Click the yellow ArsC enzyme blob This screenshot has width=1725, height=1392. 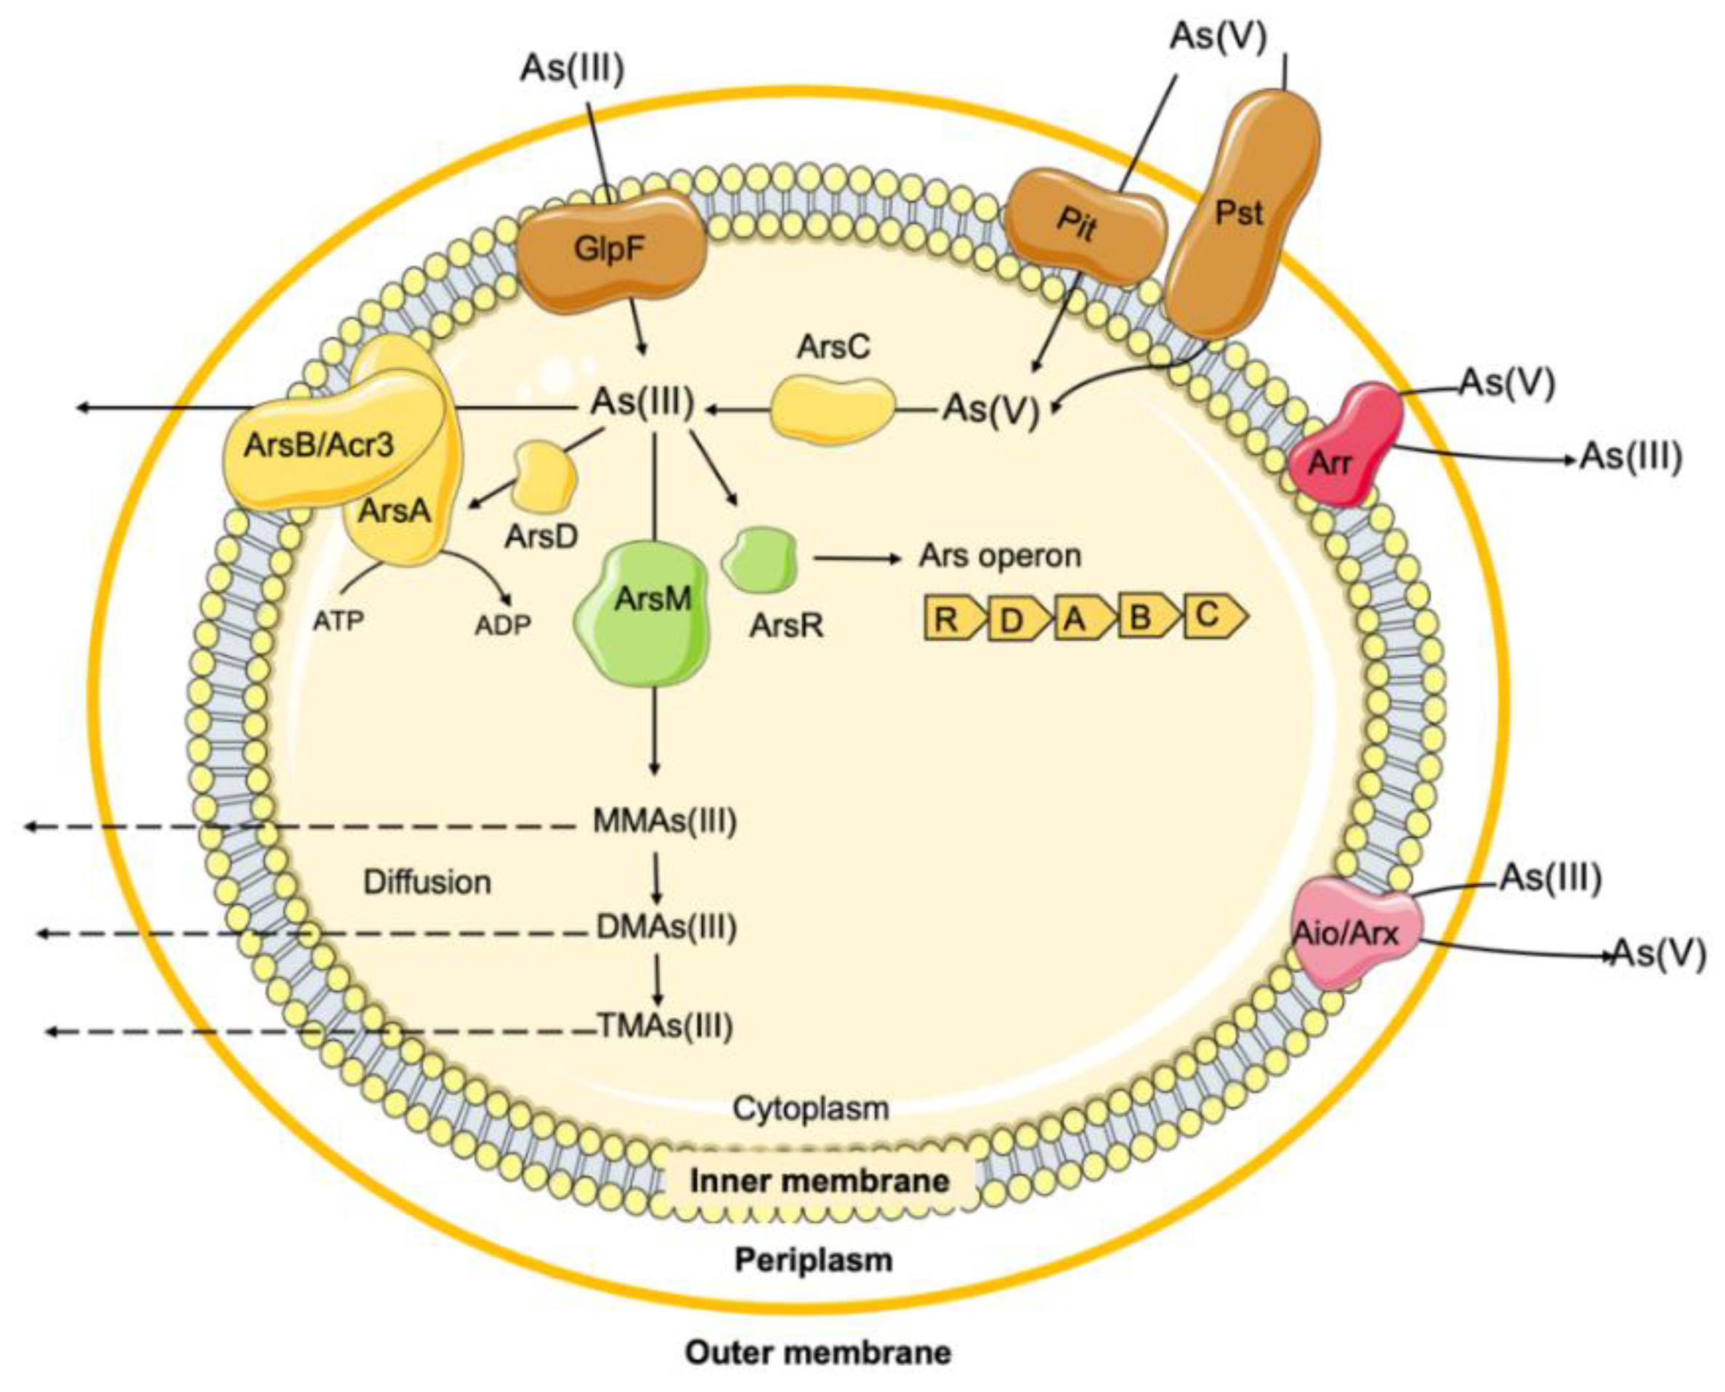click(x=833, y=409)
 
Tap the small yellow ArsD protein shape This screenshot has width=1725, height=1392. click(x=545, y=477)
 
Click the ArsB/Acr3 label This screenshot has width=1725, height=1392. click(x=319, y=444)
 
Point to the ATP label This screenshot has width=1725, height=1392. click(x=338, y=620)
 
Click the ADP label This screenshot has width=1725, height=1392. click(x=503, y=624)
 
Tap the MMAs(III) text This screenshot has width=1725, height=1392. click(x=664, y=821)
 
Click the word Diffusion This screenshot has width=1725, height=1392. click(x=427, y=882)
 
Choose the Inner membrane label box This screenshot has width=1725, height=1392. click(x=820, y=1181)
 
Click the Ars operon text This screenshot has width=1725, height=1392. click(x=999, y=555)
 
